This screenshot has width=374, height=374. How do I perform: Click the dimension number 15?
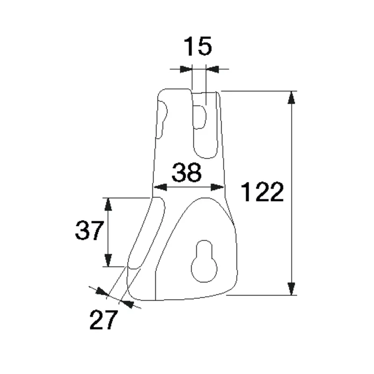tap(197, 47)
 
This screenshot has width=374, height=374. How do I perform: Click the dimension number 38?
tap(187, 173)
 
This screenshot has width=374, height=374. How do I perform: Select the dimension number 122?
tap(262, 192)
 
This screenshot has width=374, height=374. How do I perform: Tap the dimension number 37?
tap(88, 230)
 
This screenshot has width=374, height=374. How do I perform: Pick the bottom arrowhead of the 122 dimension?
tap(292, 289)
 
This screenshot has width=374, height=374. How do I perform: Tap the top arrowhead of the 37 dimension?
tap(108, 204)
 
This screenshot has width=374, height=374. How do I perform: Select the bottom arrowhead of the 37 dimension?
tap(108, 260)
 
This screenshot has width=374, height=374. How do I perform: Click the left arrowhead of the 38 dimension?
tap(160, 187)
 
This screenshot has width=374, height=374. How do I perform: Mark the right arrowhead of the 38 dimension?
tap(218, 187)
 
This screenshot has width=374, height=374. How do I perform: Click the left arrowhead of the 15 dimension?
tap(187, 69)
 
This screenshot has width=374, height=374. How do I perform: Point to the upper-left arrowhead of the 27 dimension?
tap(101, 292)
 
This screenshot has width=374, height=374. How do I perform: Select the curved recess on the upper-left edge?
tap(162, 119)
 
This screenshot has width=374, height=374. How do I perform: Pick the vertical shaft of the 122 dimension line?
tap(292, 187)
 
